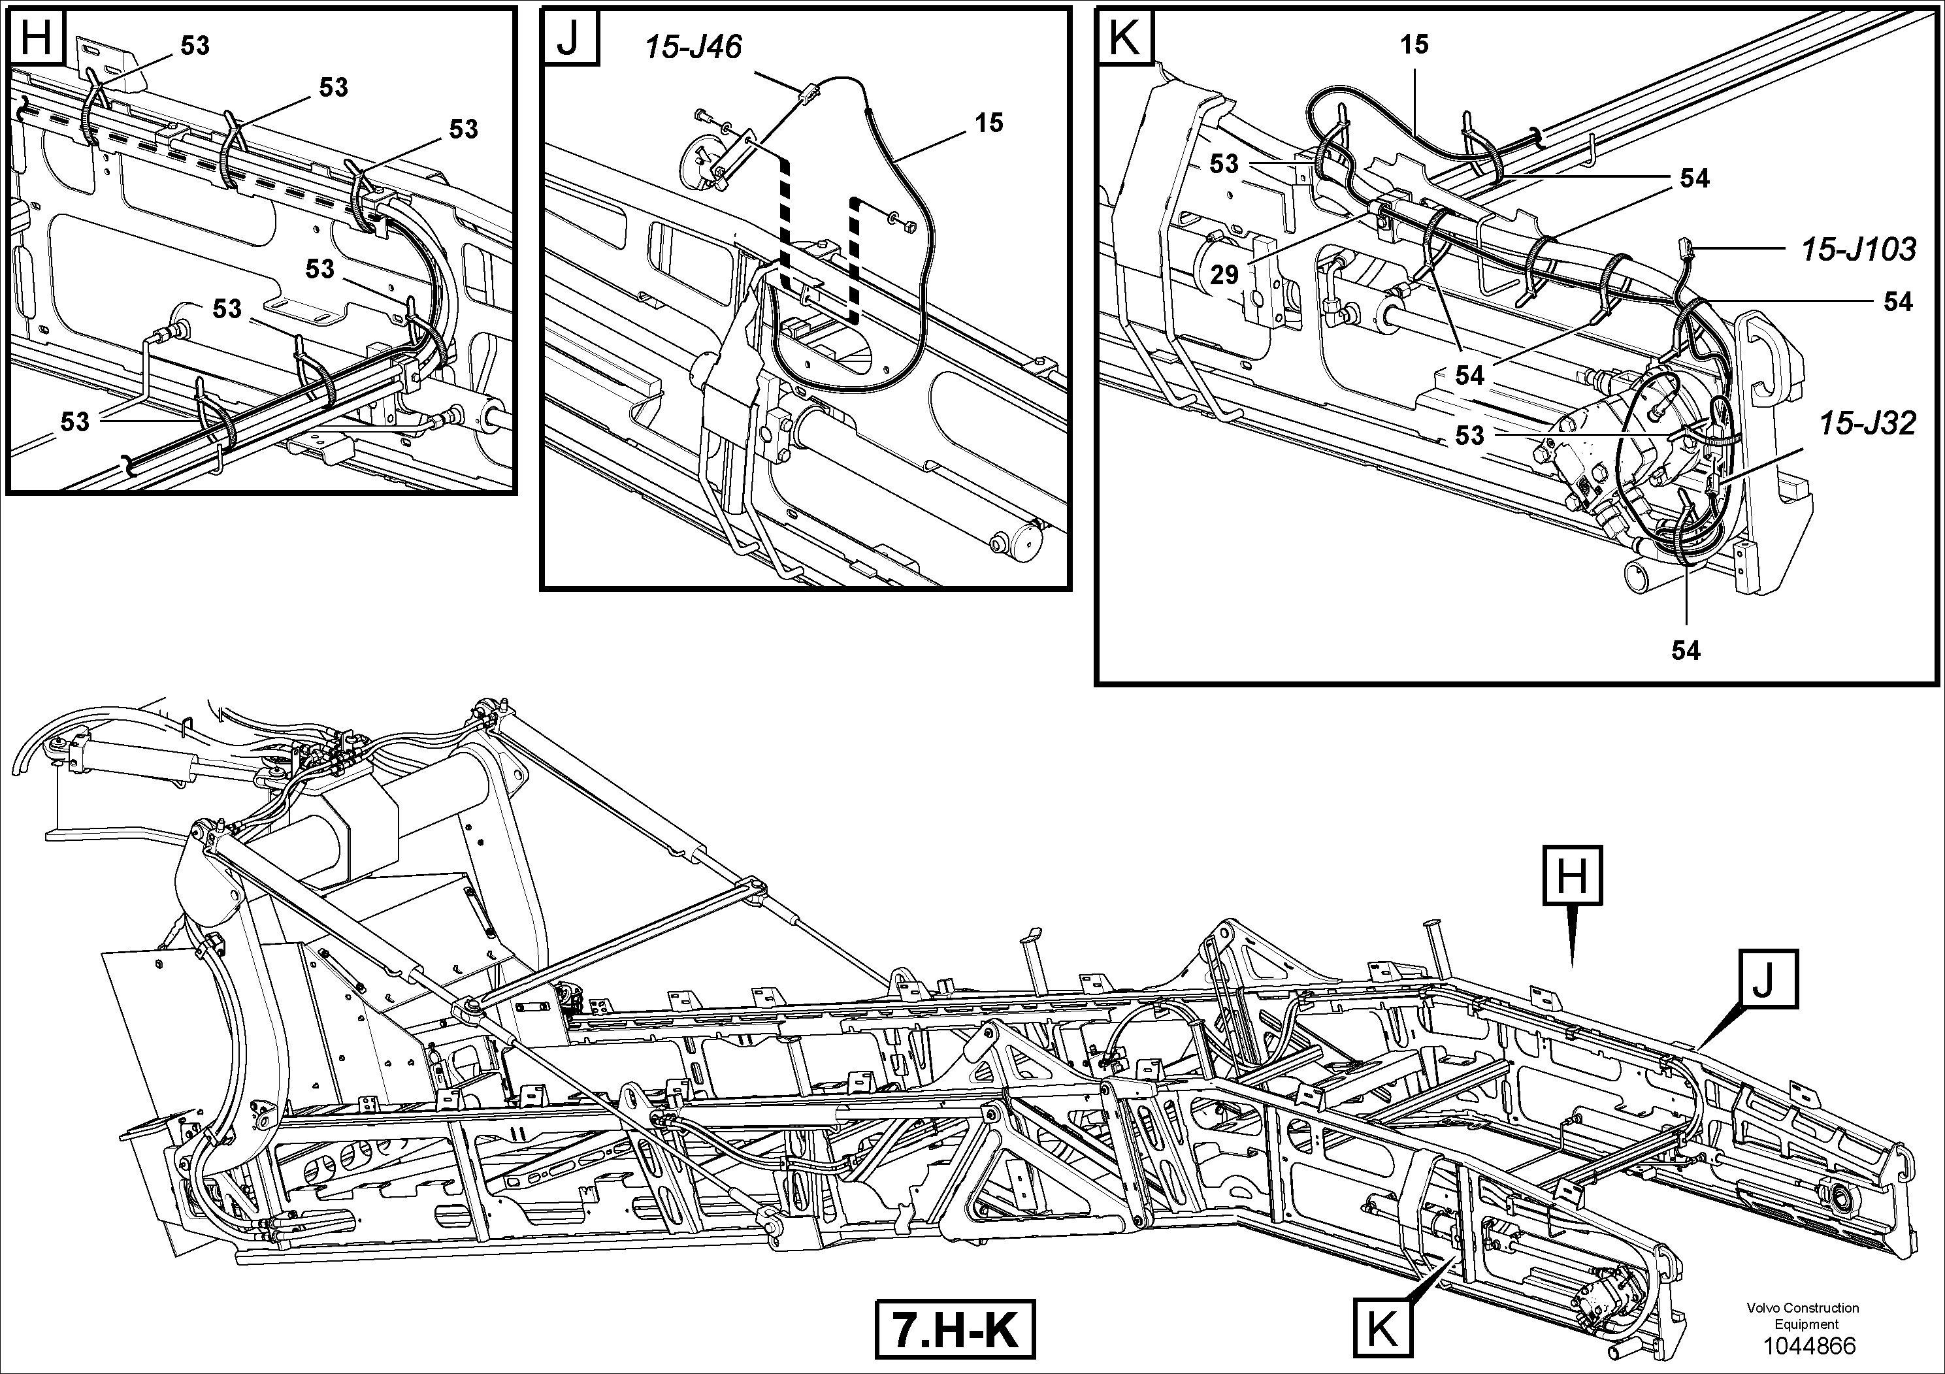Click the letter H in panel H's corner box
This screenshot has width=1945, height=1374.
pyautogui.click(x=35, y=37)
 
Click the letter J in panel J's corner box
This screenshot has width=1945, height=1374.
pyautogui.click(x=568, y=37)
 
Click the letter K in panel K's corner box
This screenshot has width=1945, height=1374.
pyautogui.click(x=1124, y=37)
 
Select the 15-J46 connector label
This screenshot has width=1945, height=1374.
pyautogui.click(x=693, y=46)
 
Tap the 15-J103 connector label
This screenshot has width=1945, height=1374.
pyautogui.click(x=1857, y=249)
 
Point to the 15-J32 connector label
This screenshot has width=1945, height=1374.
pyautogui.click(x=1867, y=423)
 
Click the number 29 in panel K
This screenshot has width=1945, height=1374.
pyautogui.click(x=1224, y=274)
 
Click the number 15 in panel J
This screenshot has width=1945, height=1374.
pyautogui.click(x=989, y=123)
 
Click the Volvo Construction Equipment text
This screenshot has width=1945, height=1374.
pyautogui.click(x=1802, y=1316)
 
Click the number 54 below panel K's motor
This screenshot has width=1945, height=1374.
pyautogui.click(x=1686, y=651)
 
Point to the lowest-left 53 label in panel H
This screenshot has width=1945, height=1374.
pyautogui.click(x=74, y=422)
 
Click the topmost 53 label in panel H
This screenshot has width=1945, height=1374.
pyautogui.click(x=195, y=46)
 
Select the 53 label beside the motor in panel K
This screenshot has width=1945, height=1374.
pyautogui.click(x=1470, y=435)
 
